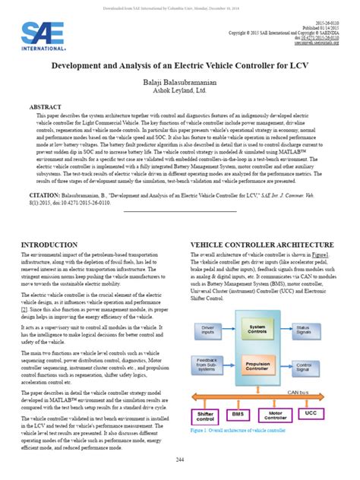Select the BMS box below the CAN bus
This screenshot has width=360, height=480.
click(238, 414)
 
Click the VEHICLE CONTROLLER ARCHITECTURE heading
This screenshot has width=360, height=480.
click(256, 245)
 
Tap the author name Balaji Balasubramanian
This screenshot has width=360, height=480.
click(180, 81)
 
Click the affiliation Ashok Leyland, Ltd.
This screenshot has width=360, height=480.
click(180, 90)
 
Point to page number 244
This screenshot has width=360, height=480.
click(180, 460)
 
